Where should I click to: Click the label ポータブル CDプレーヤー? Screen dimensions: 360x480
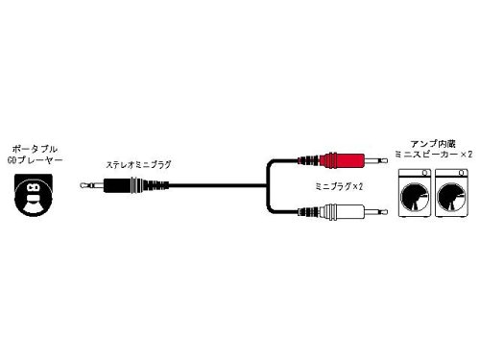34,154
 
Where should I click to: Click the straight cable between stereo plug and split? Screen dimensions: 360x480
211,180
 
